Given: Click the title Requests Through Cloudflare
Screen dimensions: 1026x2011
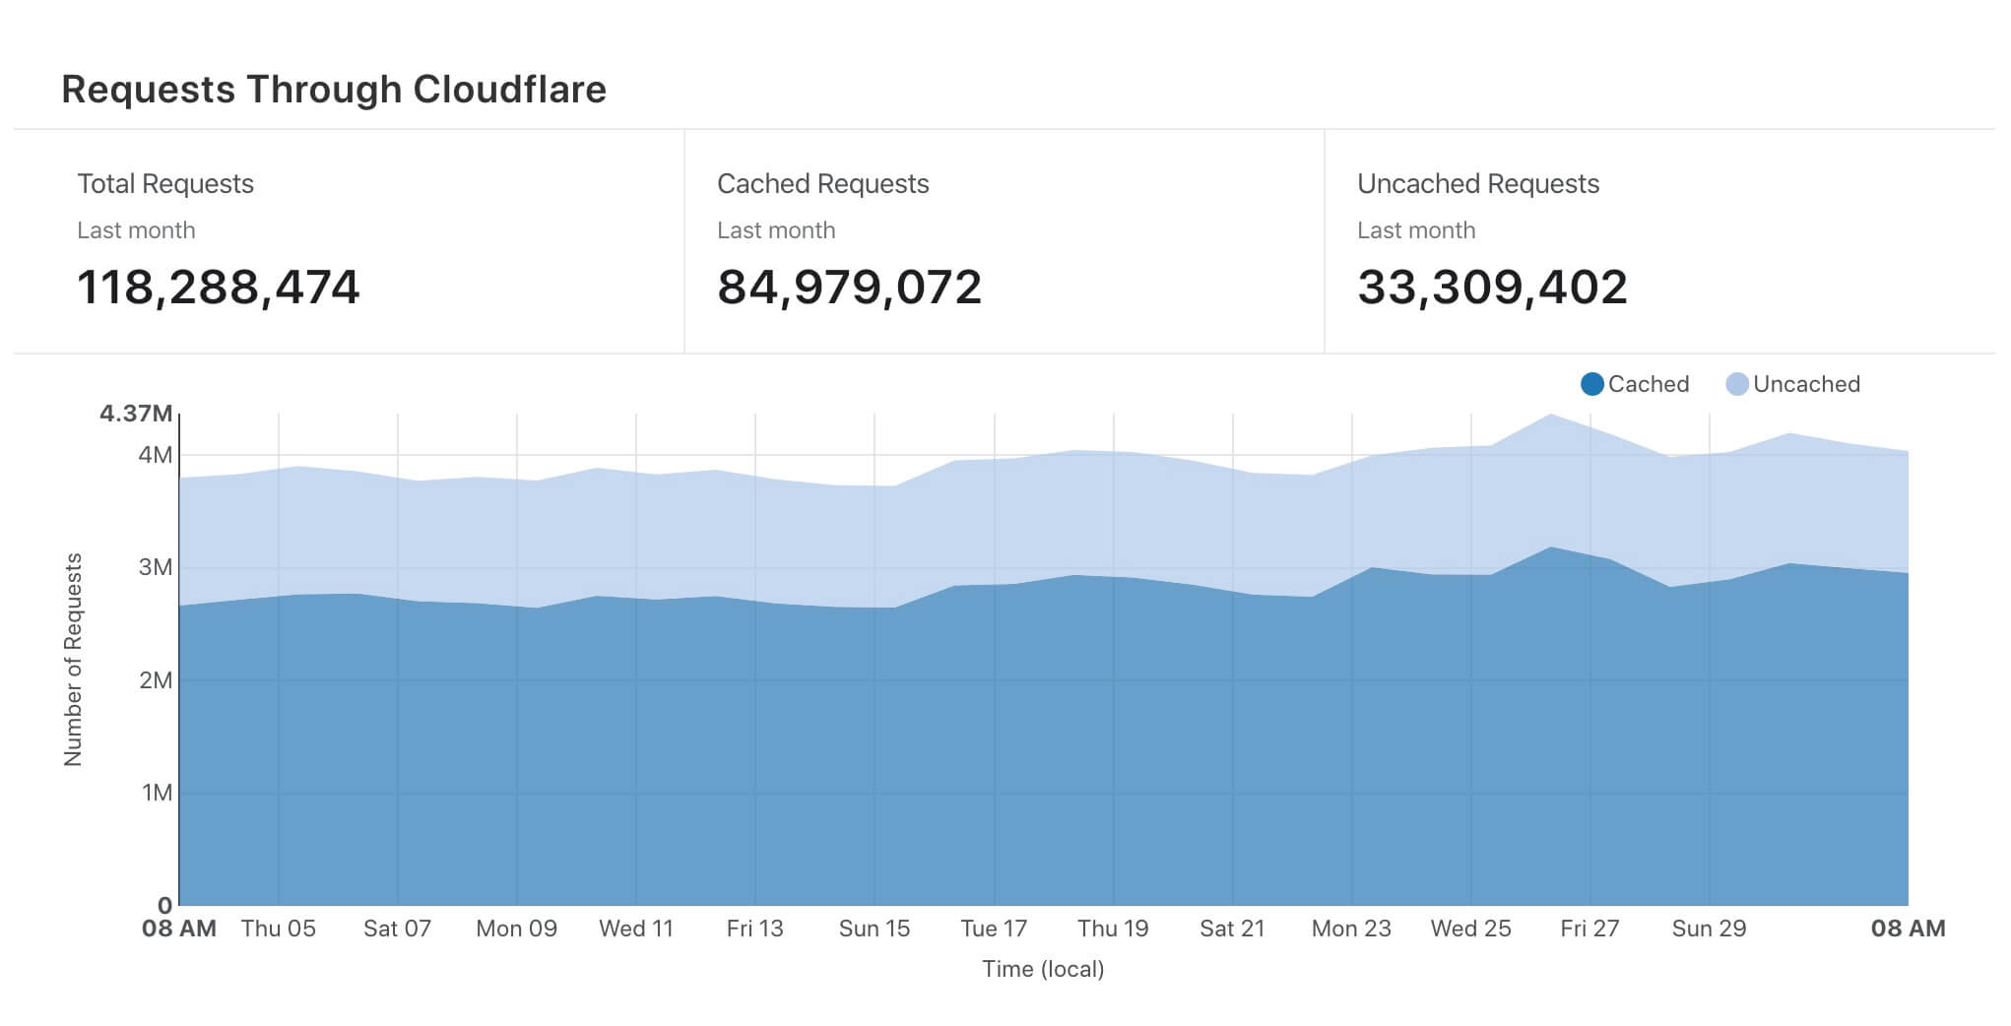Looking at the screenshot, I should [x=334, y=90].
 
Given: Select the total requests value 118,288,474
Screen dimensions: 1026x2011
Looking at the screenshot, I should [x=219, y=288].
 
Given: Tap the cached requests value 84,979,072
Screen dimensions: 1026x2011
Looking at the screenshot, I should [x=849, y=288].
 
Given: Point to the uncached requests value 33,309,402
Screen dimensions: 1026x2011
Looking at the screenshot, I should [x=1492, y=288].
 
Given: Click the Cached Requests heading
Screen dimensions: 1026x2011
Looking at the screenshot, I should [x=822, y=184].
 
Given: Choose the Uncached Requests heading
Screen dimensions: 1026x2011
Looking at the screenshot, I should [x=1477, y=184].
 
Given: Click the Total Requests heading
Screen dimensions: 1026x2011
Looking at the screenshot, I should [x=165, y=184].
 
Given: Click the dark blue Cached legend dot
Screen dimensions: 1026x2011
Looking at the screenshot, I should [x=1591, y=384].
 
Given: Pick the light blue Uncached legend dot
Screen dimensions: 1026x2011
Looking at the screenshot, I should [x=1737, y=384].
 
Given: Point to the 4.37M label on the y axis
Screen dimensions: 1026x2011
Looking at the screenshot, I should [x=136, y=414].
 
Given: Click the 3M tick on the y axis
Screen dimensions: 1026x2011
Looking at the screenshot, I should [x=156, y=567].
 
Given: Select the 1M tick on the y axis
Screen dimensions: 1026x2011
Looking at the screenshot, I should [x=157, y=793].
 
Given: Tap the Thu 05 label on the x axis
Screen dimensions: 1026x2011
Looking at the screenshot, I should [x=279, y=929].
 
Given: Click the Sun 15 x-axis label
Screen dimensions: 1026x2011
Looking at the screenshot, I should [x=875, y=929].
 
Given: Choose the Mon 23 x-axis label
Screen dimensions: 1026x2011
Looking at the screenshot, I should [x=1351, y=929].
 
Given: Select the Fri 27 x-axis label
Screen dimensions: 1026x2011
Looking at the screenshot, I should [x=1589, y=929].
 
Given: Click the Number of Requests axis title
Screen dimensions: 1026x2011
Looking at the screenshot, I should [x=73, y=660].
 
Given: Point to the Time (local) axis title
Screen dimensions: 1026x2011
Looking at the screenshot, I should [x=1043, y=969].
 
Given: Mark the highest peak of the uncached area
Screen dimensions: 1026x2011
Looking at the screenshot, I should [x=1551, y=416].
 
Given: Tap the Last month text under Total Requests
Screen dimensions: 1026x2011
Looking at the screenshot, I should [x=136, y=230].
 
